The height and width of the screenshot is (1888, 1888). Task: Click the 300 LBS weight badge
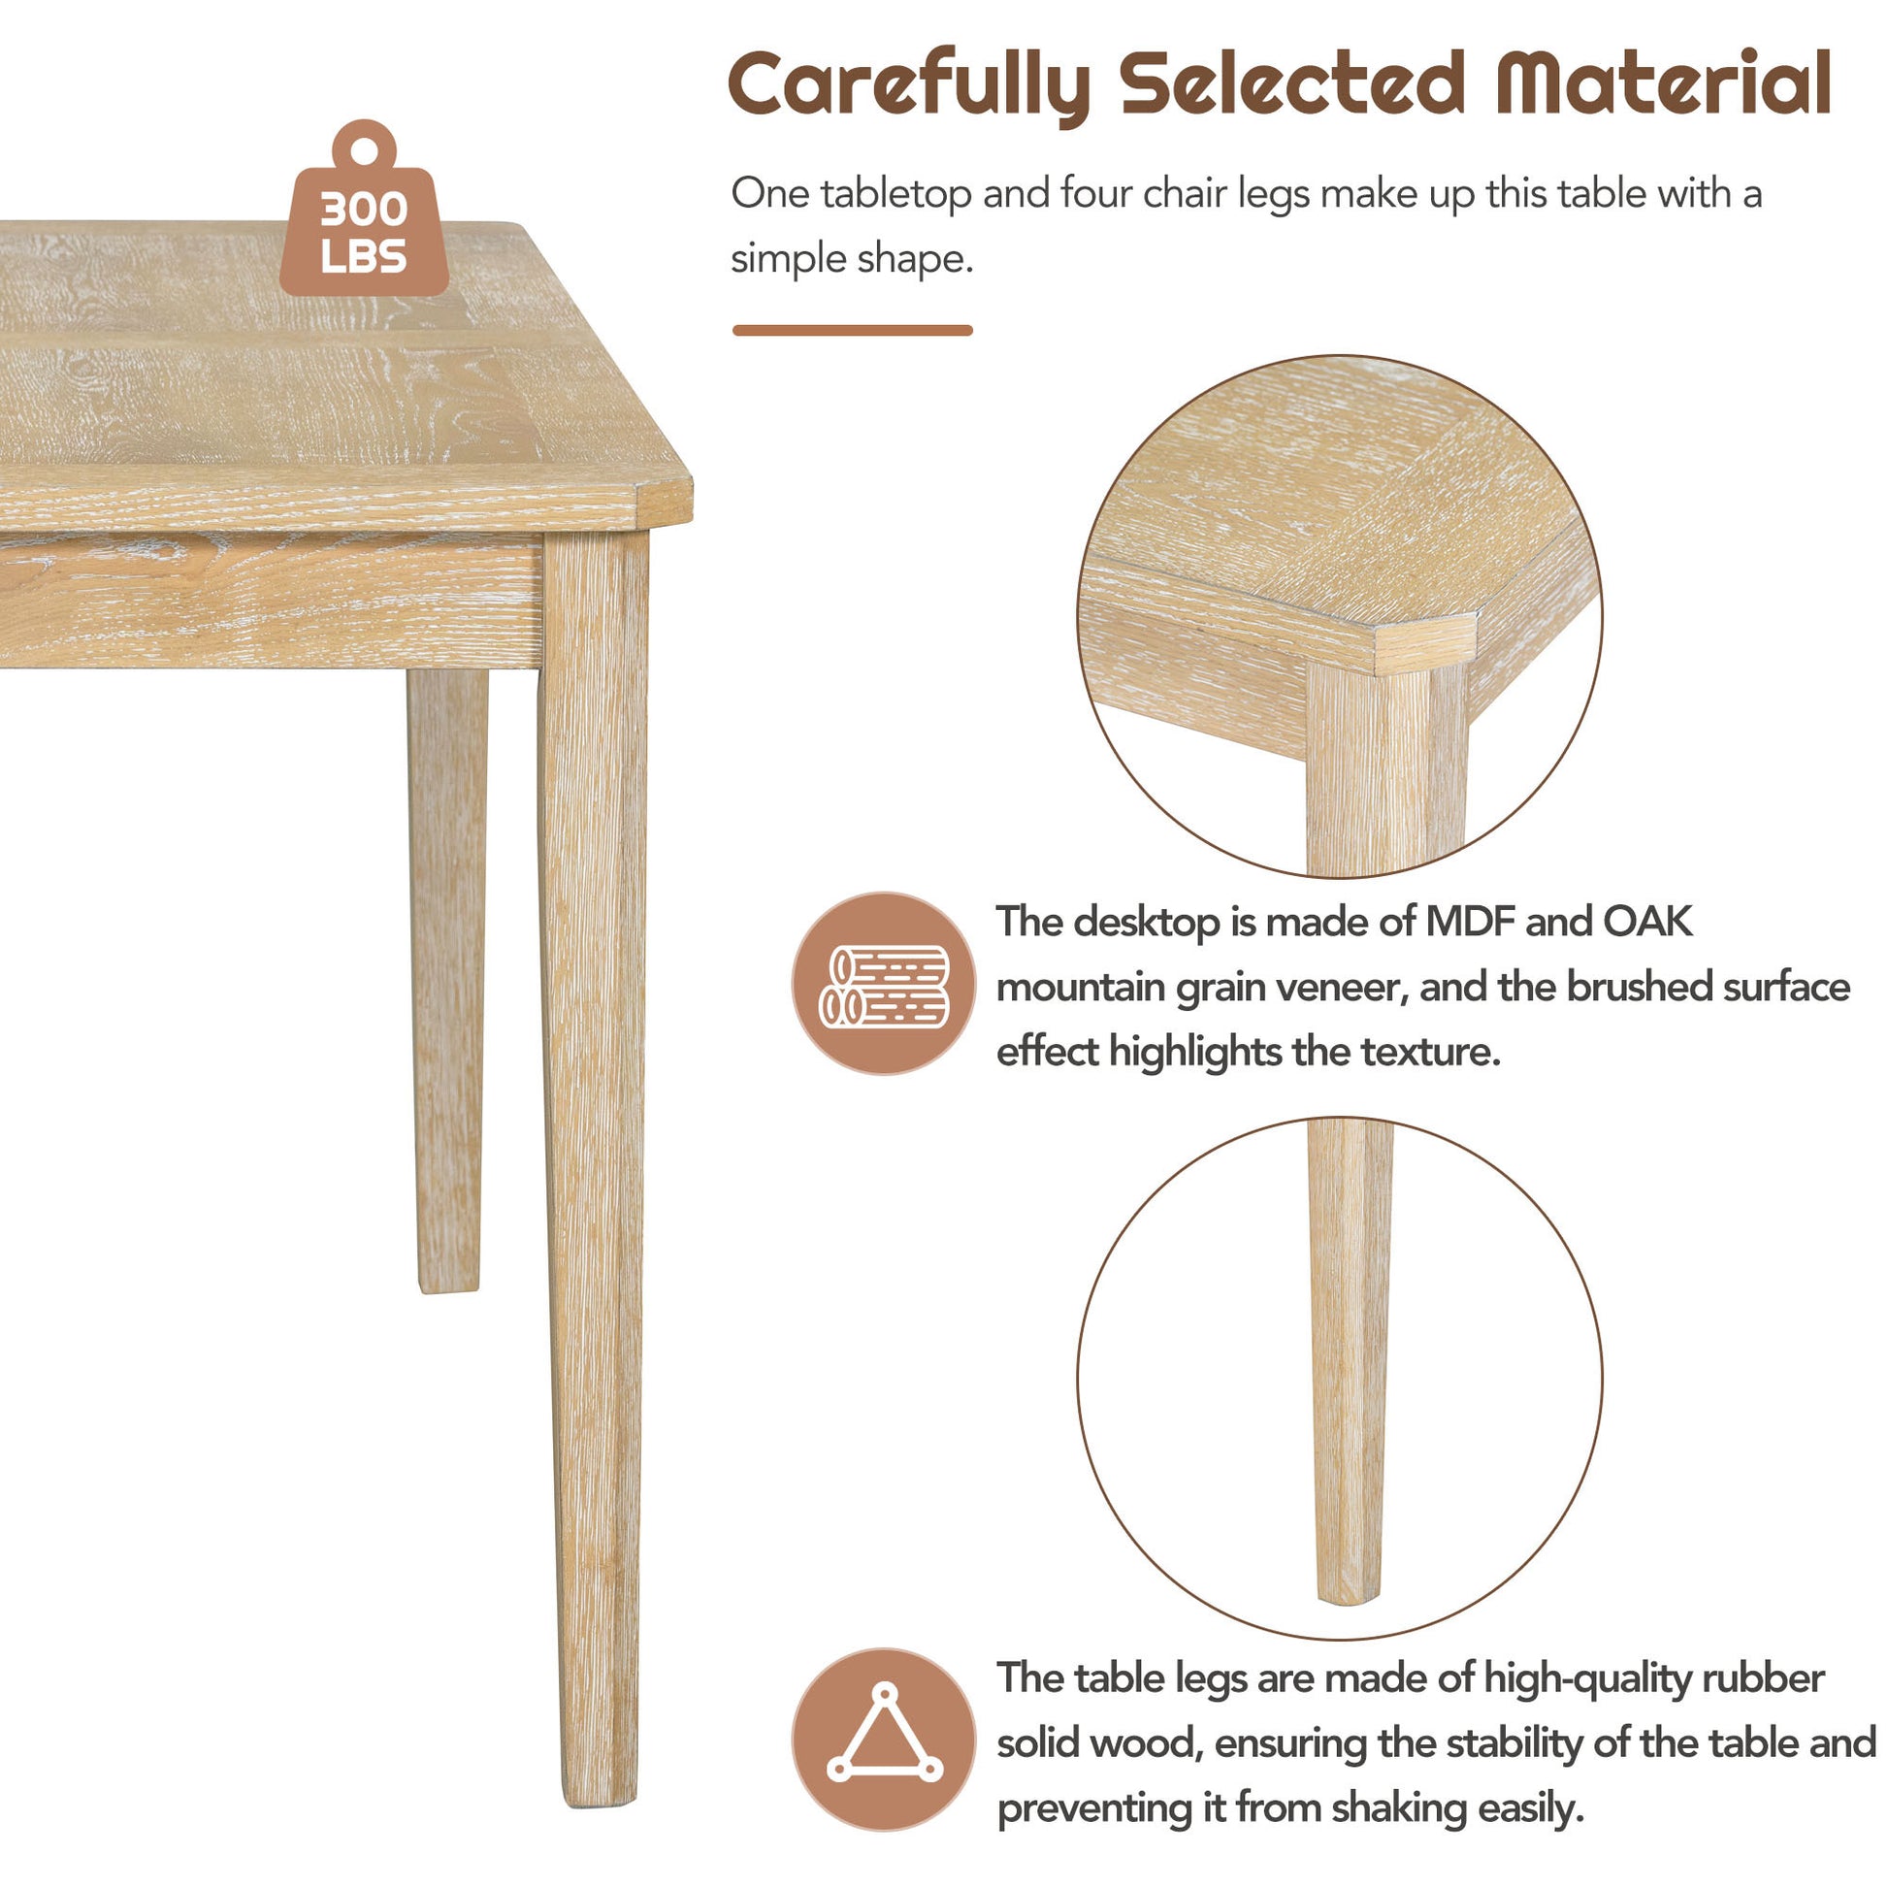pos(364,211)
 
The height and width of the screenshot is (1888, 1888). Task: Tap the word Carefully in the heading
pos(910,86)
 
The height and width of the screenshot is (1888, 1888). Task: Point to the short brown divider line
pos(852,330)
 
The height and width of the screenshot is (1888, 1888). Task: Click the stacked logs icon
pos(884,986)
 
